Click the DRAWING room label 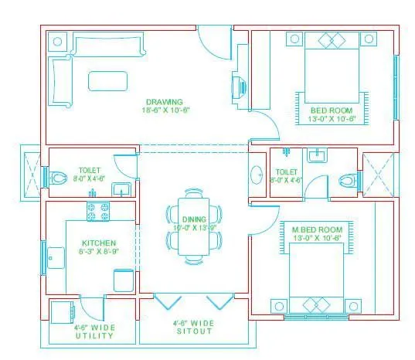(164, 101)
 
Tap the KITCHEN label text (98, 221)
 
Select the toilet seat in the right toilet (349, 181)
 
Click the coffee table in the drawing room (107, 81)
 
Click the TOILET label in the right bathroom (286, 172)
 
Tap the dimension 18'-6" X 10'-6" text (165, 110)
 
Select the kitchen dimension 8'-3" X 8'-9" (98, 230)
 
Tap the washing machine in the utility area (63, 313)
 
